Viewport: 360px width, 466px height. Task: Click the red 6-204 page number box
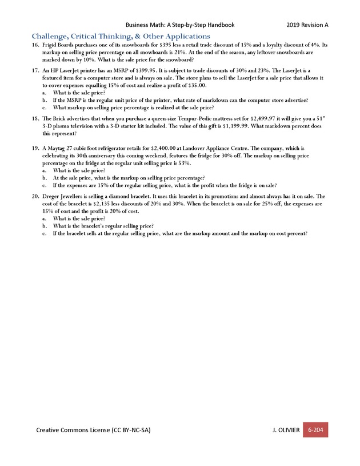(x=315, y=429)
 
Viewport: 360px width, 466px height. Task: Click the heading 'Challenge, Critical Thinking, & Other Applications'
(x=121, y=36)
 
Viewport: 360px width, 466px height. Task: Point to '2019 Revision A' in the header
(x=307, y=25)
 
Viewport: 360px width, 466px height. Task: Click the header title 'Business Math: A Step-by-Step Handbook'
(x=180, y=25)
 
